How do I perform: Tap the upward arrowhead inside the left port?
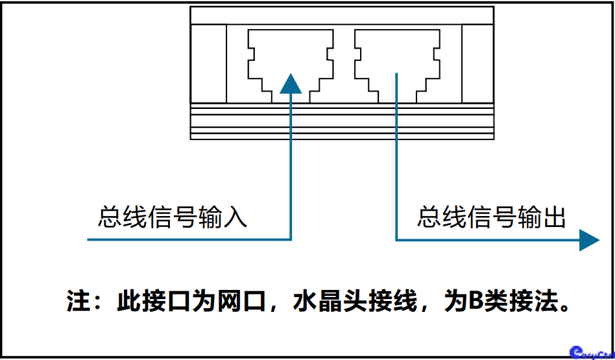(x=291, y=82)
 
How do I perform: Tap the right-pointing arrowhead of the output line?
(x=588, y=240)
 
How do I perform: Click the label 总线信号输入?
(x=173, y=217)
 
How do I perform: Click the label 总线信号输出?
(x=491, y=217)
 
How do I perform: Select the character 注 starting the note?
(x=78, y=302)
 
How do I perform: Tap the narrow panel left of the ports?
(x=208, y=63)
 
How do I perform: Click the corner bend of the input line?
(x=291, y=239)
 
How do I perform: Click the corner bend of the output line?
(x=397, y=239)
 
